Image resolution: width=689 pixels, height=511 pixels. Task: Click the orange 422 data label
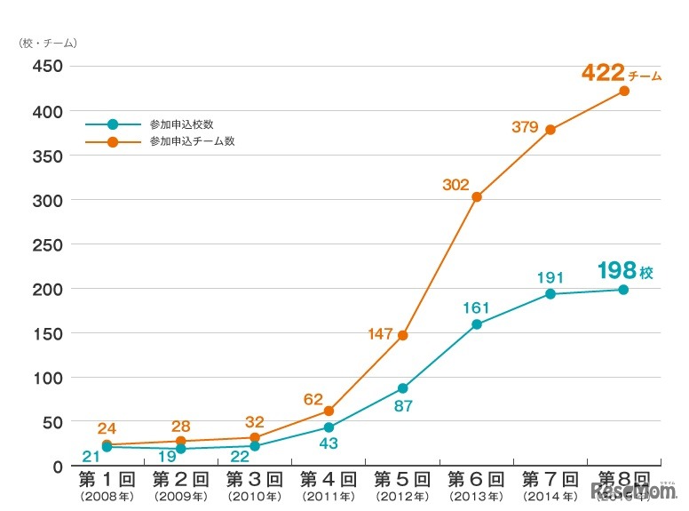coord(603,73)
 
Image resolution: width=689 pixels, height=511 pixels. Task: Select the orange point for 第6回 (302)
coord(477,197)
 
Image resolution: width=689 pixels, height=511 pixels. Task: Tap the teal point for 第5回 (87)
coord(403,388)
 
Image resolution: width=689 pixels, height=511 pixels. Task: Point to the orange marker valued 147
coord(403,335)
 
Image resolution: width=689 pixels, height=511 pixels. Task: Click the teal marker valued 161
coord(477,324)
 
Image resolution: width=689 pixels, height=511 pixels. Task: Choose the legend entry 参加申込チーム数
coord(186,141)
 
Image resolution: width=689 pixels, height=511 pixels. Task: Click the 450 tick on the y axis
coord(46,67)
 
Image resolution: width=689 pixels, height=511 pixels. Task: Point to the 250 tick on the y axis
coord(46,244)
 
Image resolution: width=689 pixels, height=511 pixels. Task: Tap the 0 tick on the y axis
coord(56,467)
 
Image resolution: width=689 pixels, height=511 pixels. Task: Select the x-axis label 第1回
coord(107,481)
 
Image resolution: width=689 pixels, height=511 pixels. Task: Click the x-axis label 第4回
coord(329,481)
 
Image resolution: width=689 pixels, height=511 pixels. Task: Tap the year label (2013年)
coord(477,496)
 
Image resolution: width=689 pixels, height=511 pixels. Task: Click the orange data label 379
coord(526,127)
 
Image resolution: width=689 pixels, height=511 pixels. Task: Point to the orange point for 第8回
coord(623,91)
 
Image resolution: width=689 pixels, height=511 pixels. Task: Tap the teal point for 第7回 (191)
coord(550,293)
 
